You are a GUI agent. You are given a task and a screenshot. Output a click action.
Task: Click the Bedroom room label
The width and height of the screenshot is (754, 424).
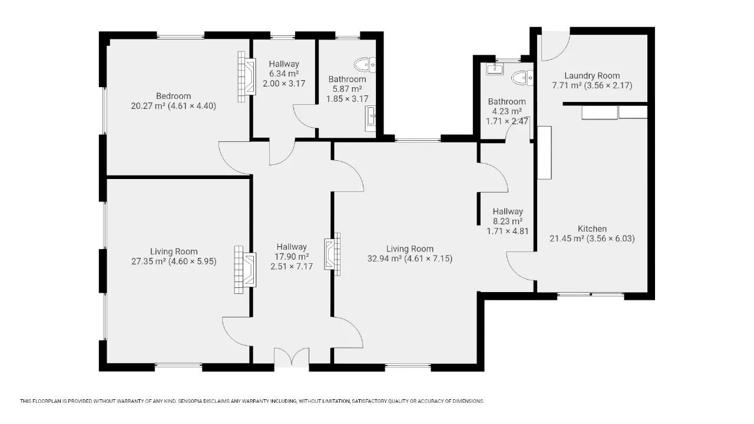pyautogui.click(x=173, y=96)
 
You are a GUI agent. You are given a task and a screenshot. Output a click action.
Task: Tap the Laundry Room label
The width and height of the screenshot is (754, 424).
pyautogui.click(x=592, y=76)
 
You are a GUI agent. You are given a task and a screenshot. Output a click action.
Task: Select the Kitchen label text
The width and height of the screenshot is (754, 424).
pyautogui.click(x=592, y=229)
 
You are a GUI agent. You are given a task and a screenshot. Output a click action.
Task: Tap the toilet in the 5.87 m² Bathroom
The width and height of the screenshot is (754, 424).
pyautogui.click(x=365, y=65)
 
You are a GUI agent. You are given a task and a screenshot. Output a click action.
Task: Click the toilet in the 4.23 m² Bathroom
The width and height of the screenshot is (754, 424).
pyautogui.click(x=522, y=78)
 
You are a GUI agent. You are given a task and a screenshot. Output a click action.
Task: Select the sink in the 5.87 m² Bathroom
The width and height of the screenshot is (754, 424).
pyautogui.click(x=371, y=119)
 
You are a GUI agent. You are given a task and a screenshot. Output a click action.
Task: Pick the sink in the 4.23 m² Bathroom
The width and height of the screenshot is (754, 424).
pyautogui.click(x=495, y=69)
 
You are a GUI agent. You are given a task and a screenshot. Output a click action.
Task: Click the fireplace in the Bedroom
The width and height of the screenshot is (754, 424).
pyautogui.click(x=246, y=77)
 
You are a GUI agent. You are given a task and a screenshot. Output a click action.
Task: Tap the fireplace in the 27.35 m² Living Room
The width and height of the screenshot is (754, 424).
pyautogui.click(x=245, y=270)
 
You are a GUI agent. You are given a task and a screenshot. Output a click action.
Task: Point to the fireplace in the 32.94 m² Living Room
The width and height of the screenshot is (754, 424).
pyautogui.click(x=332, y=254)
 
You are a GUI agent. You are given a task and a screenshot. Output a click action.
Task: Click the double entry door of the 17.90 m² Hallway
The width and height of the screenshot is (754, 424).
pyautogui.click(x=292, y=356)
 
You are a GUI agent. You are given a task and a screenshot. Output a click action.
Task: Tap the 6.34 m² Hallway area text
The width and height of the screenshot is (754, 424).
pyautogui.click(x=284, y=74)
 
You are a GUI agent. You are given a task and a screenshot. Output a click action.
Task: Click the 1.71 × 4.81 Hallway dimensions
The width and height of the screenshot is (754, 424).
pyautogui.click(x=508, y=231)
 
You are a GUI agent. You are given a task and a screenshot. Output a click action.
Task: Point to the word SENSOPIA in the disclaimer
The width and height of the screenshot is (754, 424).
pyautogui.click(x=190, y=401)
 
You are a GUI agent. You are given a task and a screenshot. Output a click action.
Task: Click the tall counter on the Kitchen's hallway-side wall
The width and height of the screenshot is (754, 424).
pyautogui.click(x=544, y=153)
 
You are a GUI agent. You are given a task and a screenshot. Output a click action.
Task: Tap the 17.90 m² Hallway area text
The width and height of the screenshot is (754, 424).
pyautogui.click(x=292, y=257)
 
